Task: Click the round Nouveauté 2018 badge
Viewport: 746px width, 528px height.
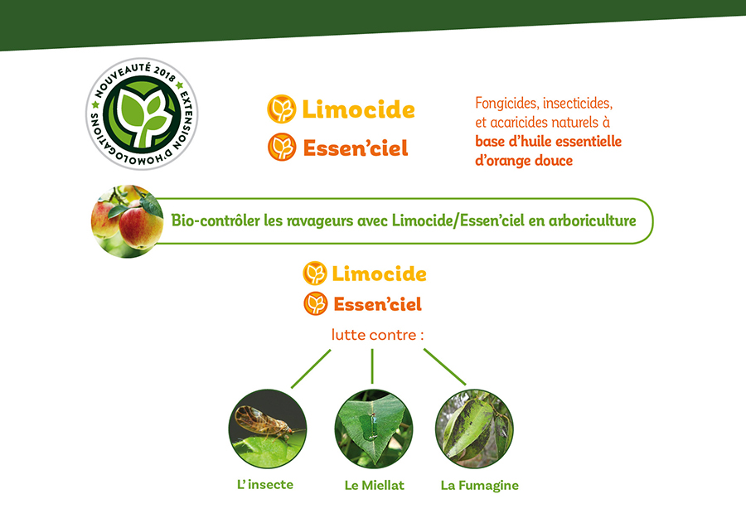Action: (x=142, y=114)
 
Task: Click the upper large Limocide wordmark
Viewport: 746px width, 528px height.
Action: (x=358, y=110)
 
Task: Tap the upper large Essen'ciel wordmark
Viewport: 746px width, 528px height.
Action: (x=356, y=148)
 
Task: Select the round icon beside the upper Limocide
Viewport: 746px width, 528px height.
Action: (x=282, y=109)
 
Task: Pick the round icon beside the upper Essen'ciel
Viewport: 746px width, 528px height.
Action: (x=282, y=147)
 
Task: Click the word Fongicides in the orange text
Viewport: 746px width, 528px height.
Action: (x=506, y=104)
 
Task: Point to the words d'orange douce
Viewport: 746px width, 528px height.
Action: (x=524, y=161)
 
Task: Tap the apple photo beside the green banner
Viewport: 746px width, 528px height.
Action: (x=127, y=221)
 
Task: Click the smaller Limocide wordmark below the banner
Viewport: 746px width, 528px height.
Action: (x=379, y=274)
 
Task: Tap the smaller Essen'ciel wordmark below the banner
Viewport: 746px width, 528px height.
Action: (x=377, y=304)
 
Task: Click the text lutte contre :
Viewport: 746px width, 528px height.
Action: (x=377, y=335)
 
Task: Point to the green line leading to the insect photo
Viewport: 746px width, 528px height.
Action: (x=311, y=369)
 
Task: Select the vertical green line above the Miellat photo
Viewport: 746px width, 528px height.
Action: (x=372, y=366)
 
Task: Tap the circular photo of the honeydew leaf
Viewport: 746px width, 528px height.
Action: (x=374, y=429)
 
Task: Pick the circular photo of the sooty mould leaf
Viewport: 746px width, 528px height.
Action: (x=474, y=429)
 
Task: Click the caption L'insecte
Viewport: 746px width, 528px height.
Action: (x=265, y=485)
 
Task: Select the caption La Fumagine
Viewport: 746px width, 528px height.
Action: (x=480, y=486)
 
